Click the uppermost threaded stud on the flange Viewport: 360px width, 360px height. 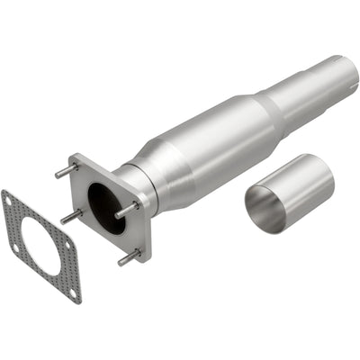(x=63, y=170)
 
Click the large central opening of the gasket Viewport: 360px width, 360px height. (x=43, y=238)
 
